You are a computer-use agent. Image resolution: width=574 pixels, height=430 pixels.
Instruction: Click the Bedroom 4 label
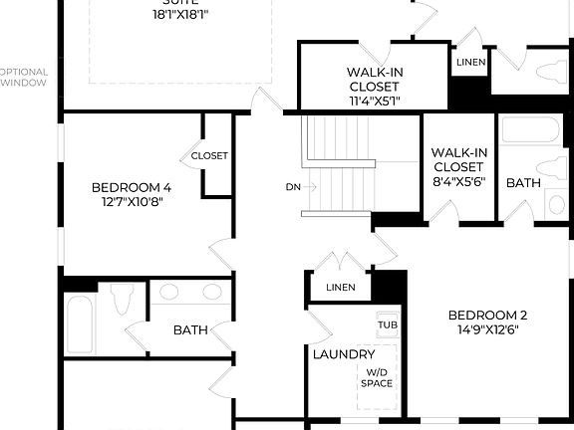click(132, 186)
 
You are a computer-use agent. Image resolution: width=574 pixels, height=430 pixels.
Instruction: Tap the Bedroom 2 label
click(488, 315)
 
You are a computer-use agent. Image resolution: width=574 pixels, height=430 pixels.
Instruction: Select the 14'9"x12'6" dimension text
click(488, 329)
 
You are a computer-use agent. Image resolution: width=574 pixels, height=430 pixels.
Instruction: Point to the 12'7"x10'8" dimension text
click(132, 201)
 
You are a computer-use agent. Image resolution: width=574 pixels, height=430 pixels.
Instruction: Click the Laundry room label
click(344, 354)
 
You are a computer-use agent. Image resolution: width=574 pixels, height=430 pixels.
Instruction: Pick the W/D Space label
click(377, 377)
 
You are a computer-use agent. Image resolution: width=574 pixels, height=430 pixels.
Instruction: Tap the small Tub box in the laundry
click(387, 324)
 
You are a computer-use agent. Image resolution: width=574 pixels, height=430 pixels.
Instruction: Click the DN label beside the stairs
click(293, 186)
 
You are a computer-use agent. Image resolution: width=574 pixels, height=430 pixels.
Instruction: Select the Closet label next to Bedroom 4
click(209, 155)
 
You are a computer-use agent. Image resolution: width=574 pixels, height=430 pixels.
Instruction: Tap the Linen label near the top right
click(470, 64)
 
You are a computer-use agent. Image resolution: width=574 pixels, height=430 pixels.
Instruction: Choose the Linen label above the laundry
click(341, 288)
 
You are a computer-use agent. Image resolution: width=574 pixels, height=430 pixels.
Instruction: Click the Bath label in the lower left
click(190, 329)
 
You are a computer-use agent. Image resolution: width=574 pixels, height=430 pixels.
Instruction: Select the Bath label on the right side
click(523, 183)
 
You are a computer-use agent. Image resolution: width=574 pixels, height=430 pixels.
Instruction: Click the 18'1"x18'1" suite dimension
click(181, 15)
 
